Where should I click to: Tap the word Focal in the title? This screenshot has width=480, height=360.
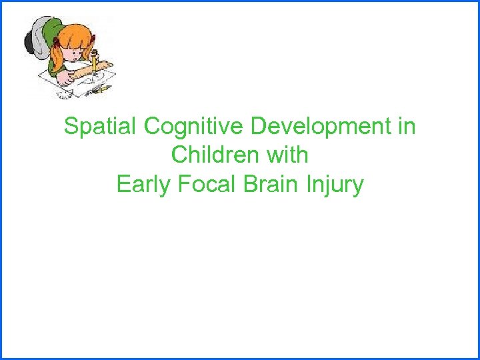pyautogui.click(x=205, y=184)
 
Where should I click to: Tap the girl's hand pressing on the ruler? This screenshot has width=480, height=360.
pyautogui.click(x=67, y=77)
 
